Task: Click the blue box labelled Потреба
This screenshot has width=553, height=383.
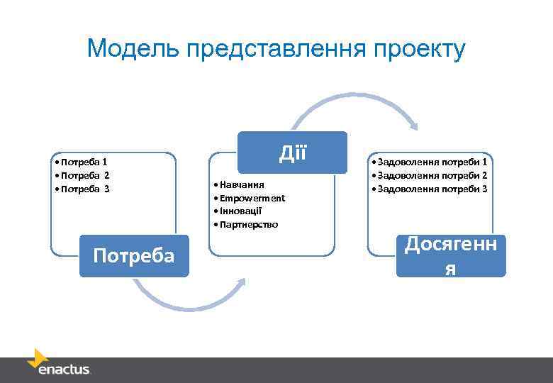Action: point(134,255)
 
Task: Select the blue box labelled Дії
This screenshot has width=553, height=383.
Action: point(292,152)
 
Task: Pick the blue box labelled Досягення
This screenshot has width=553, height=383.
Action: point(451,255)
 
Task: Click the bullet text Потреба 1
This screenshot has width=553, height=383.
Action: point(82,162)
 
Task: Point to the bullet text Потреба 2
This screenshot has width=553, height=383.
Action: point(84,175)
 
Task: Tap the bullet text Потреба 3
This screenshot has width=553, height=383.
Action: point(84,189)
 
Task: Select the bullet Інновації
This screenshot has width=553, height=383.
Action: point(240,211)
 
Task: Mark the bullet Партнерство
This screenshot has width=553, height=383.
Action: point(248,225)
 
